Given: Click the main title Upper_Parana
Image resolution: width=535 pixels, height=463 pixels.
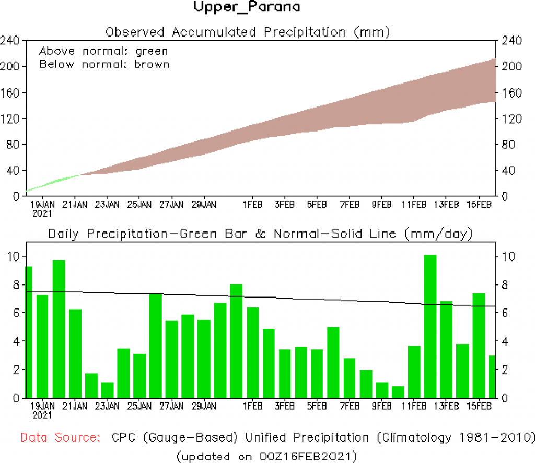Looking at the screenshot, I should pyautogui.click(x=247, y=8).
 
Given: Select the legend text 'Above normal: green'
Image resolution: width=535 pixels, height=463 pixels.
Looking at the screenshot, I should pyautogui.click(x=103, y=51).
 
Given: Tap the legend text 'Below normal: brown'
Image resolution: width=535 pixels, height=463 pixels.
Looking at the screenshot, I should pyautogui.click(x=104, y=64).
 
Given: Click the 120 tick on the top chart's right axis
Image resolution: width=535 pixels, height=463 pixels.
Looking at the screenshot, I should pyautogui.click(x=511, y=118).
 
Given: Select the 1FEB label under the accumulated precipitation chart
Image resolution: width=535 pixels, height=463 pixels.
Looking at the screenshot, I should pyautogui.click(x=252, y=204).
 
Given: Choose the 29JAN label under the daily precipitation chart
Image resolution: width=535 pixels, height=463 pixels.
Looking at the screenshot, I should pyautogui.click(x=204, y=406).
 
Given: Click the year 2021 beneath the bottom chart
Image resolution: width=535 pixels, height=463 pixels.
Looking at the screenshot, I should pyautogui.click(x=43, y=415).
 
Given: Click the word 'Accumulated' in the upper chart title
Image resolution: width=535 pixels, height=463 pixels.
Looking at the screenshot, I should pyautogui.click(x=217, y=32).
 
